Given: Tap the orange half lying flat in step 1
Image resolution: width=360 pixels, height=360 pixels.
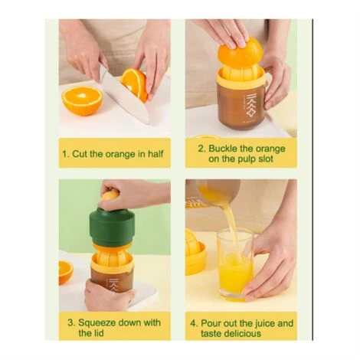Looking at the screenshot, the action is pyautogui.click(x=82, y=101).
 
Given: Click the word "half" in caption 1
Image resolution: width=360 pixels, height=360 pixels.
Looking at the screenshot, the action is pyautogui.click(x=155, y=154).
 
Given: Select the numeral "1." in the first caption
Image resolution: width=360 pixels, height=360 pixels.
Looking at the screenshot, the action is pyautogui.click(x=66, y=154).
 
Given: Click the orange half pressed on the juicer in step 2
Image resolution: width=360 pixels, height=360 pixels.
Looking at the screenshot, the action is pyautogui.click(x=240, y=51).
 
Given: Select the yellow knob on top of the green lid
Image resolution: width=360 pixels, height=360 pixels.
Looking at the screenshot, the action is pyautogui.click(x=110, y=195).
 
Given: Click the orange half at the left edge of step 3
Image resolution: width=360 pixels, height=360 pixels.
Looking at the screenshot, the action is pyautogui.click(x=66, y=272).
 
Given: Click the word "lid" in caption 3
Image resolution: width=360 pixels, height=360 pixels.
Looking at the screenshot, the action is pyautogui.click(x=98, y=333).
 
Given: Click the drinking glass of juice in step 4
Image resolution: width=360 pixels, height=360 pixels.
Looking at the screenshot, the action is pyautogui.click(x=235, y=265).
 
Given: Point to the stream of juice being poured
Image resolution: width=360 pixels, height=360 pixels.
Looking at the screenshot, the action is pyautogui.click(x=231, y=224).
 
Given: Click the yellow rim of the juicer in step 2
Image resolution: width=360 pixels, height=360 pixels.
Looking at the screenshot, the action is pyautogui.click(x=241, y=77).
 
